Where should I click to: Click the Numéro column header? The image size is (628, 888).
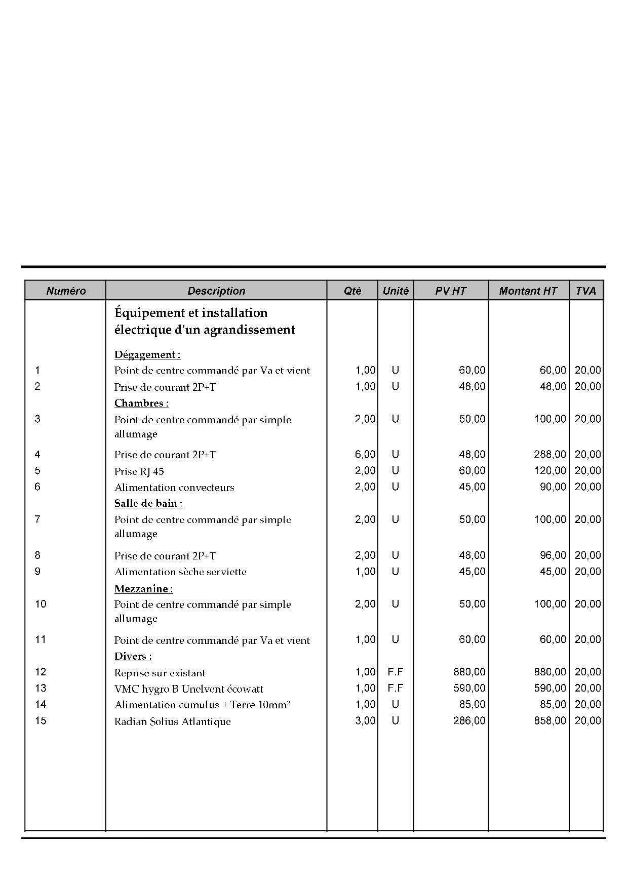(66, 291)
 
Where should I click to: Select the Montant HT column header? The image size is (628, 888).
(528, 291)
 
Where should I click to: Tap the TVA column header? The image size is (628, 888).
(586, 291)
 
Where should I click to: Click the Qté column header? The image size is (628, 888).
(352, 291)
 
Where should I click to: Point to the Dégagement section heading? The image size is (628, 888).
(147, 354)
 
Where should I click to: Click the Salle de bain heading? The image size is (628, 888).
(148, 503)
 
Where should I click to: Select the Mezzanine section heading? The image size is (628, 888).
(143, 588)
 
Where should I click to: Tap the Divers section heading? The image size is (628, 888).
(133, 656)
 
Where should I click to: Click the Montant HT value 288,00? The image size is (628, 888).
(550, 455)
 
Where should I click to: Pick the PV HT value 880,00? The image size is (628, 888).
(469, 672)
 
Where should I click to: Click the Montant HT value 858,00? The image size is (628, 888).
(550, 720)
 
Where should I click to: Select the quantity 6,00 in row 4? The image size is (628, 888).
(365, 455)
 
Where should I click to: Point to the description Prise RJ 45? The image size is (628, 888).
(139, 471)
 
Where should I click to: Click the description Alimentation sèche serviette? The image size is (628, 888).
(180, 572)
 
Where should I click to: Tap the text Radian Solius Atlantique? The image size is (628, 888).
(172, 721)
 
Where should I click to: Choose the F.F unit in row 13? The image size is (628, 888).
(395, 688)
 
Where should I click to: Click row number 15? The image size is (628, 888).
(41, 720)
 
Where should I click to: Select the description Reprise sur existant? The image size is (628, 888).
(160, 673)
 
